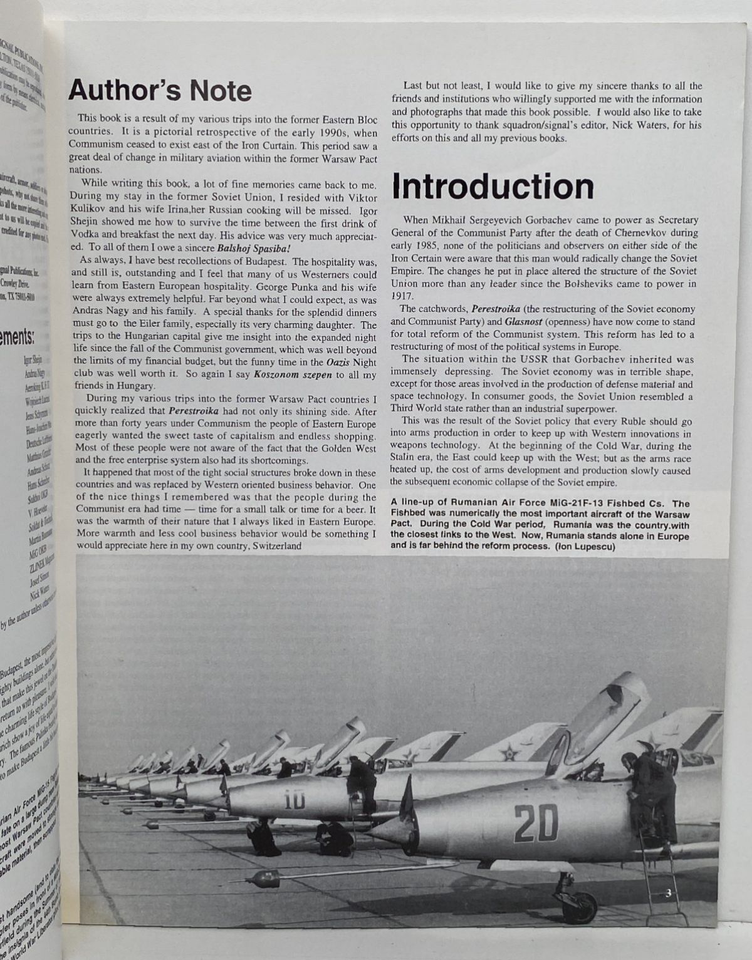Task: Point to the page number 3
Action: (x=669, y=893)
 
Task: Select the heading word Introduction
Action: (x=493, y=187)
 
